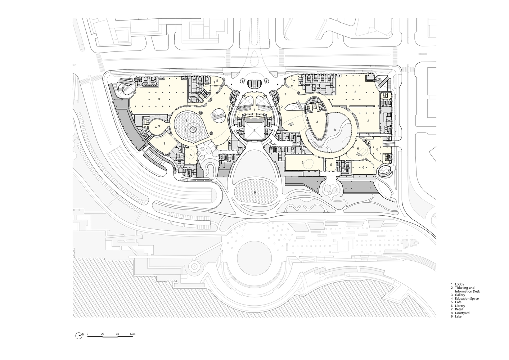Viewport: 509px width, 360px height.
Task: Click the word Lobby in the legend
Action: click(x=459, y=284)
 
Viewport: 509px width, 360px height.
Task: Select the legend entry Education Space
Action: click(x=467, y=298)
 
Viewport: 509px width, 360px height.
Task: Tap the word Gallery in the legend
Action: click(x=460, y=295)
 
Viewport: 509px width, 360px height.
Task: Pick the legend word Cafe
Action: click(x=458, y=302)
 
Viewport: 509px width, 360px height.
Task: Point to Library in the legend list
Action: click(x=460, y=306)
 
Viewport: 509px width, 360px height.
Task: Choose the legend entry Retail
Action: click(x=459, y=309)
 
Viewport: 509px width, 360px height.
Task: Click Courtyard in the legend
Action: click(x=462, y=313)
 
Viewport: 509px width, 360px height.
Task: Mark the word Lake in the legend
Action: click(x=458, y=316)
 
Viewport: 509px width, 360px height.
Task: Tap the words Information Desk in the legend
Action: click(x=467, y=291)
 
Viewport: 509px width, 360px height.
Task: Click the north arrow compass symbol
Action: click(x=78, y=336)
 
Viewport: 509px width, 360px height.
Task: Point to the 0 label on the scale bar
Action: click(x=88, y=334)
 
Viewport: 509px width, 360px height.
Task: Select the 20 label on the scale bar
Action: click(x=103, y=334)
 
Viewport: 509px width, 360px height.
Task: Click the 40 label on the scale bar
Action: click(x=117, y=334)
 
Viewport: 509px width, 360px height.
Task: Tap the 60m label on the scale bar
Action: click(x=133, y=334)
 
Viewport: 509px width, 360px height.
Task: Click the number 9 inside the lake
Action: click(x=255, y=192)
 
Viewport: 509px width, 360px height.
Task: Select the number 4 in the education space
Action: click(x=254, y=130)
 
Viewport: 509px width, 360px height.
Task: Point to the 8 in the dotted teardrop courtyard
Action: click(x=186, y=120)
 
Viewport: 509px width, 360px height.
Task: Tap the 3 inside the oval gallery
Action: click(x=317, y=122)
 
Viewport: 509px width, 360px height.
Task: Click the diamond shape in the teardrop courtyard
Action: click(x=193, y=130)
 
